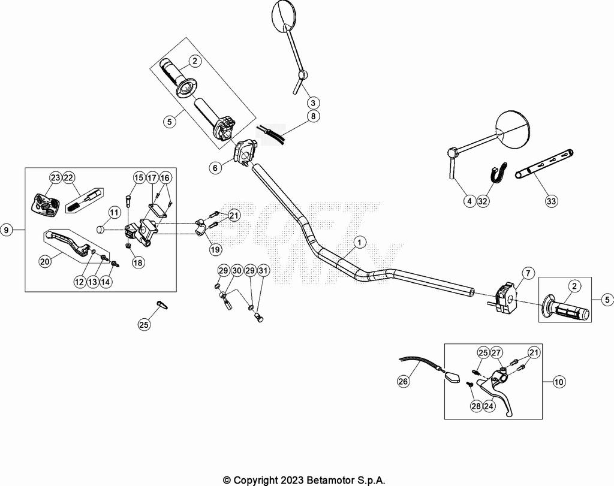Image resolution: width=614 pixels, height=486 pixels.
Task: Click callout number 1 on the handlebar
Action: point(359,242)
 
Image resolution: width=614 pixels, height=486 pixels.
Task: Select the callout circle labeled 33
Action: point(551,201)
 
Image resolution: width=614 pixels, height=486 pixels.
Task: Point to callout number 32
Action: point(483,201)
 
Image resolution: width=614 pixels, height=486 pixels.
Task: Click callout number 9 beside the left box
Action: point(7,230)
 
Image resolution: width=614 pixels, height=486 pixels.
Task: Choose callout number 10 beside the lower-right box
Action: point(559,381)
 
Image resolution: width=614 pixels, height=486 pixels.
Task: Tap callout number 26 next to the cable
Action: point(404,380)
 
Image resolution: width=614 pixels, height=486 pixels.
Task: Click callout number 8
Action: point(312,116)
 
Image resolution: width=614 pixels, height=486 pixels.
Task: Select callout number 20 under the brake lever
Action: point(45,261)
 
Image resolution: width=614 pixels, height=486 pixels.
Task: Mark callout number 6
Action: point(215,168)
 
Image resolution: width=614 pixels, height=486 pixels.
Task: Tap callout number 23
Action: point(55,177)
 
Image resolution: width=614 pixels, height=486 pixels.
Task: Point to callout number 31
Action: point(263,271)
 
